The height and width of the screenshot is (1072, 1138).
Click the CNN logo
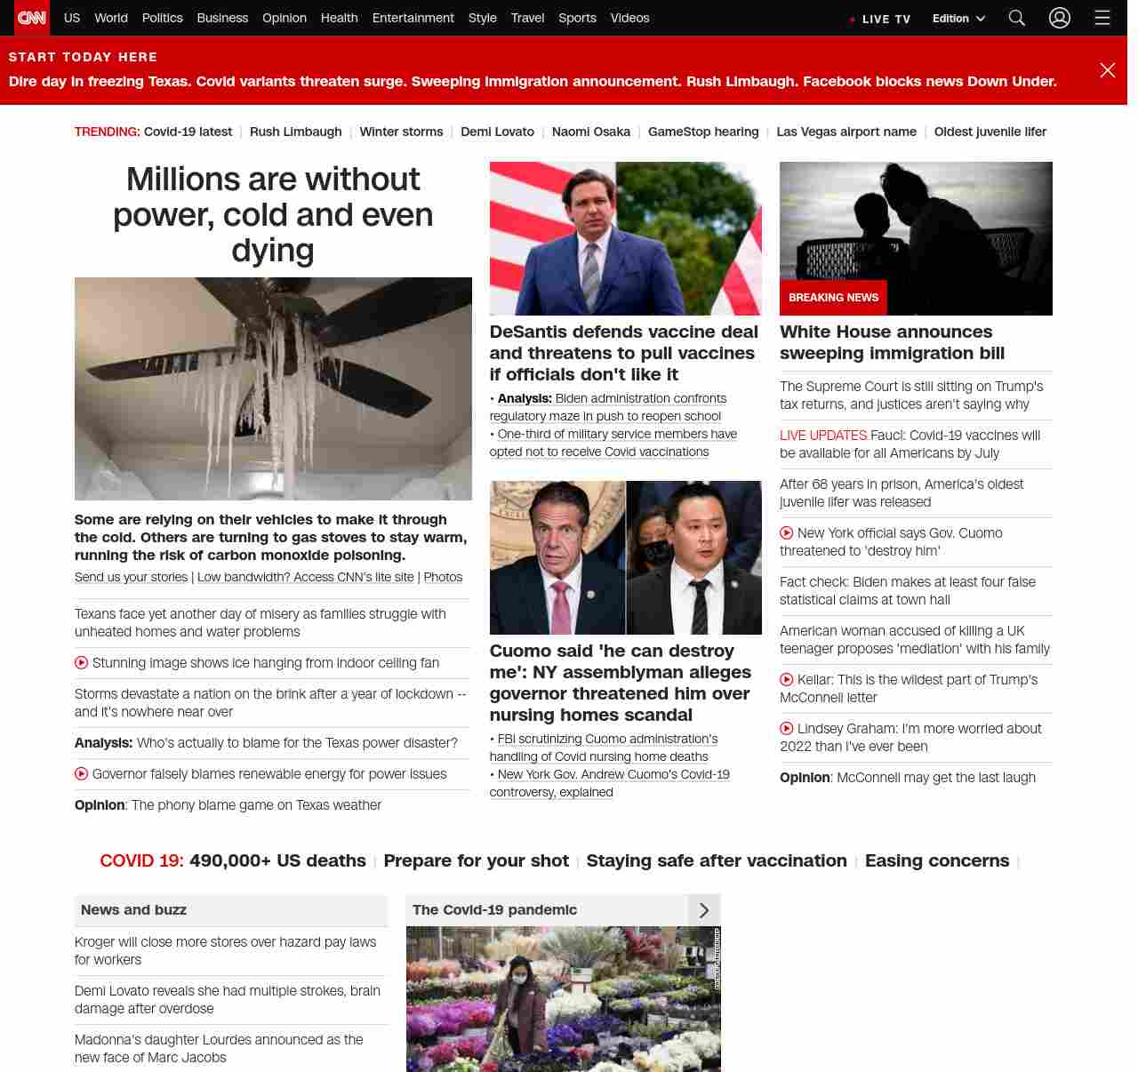32,18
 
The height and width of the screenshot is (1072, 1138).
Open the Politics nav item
162,18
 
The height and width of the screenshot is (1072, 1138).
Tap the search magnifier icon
1017,18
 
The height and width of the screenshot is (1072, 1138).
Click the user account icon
1059,18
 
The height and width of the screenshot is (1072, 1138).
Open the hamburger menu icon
1102,18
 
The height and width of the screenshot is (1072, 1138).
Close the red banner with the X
1107,70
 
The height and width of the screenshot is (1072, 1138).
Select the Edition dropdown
958,19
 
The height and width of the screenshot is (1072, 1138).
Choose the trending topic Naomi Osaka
590,132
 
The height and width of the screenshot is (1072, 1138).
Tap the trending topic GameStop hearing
702,132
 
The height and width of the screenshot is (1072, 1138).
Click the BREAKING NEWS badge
833,298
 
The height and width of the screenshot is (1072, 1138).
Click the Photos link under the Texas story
443,577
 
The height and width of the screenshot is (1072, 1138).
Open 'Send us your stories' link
131,577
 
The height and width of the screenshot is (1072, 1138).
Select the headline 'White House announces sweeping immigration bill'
892,342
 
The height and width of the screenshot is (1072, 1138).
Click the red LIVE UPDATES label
822,436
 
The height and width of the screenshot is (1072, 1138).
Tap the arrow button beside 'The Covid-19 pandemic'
704,910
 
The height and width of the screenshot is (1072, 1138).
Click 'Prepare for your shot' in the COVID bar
476,860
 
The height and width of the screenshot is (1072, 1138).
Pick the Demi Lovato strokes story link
227,999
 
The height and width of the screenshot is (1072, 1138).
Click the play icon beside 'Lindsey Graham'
787,729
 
